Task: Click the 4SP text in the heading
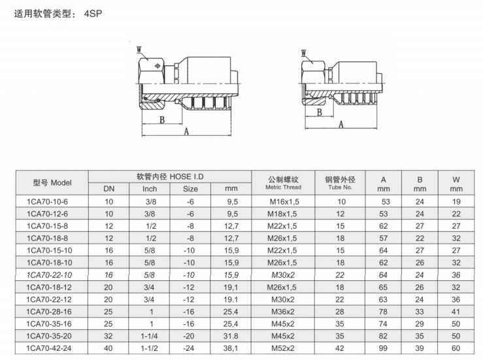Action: tap(93, 14)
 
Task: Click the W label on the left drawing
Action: tap(139, 50)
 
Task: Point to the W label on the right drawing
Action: tap(304, 53)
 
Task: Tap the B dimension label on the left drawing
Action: tap(162, 120)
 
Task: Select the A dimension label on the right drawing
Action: tap(341, 124)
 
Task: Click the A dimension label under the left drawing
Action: tap(186, 132)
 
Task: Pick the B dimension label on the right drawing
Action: tap(320, 112)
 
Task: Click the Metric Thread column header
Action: tap(284, 188)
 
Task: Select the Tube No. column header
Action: tap(340, 188)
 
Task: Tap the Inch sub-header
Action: tap(150, 189)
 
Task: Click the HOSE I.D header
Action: tap(187, 176)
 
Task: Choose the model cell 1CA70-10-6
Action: tap(48, 202)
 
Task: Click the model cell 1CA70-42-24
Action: tap(49, 348)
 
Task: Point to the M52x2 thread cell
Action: tap(283, 348)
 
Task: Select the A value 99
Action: tap(383, 348)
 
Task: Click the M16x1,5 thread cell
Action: tap(284, 202)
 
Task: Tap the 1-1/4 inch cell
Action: tap(150, 336)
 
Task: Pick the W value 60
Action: tap(456, 348)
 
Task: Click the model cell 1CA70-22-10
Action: tap(49, 275)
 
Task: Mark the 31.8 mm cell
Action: tap(231, 336)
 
